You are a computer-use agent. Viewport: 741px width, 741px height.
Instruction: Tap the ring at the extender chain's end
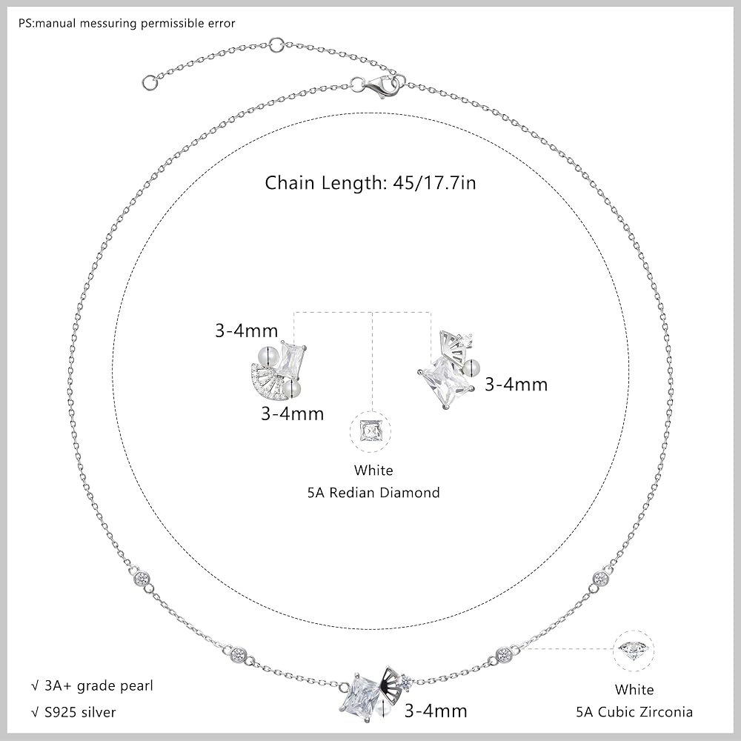pyautogui.click(x=150, y=82)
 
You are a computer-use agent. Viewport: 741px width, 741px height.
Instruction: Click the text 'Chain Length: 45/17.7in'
pyautogui.click(x=370, y=183)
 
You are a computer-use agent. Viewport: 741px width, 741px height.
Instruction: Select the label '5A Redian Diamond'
pyautogui.click(x=373, y=493)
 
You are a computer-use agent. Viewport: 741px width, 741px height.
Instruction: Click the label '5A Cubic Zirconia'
pyautogui.click(x=634, y=711)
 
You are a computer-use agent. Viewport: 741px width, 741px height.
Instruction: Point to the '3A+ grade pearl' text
pyautogui.click(x=92, y=685)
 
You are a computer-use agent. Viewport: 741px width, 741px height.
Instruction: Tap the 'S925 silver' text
pyautogui.click(x=73, y=712)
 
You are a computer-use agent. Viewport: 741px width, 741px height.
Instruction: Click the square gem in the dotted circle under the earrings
pyautogui.click(x=370, y=431)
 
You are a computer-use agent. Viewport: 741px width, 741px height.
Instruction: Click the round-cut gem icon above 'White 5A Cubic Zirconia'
pyautogui.click(x=634, y=651)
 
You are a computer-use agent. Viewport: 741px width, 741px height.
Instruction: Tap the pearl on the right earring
pyautogui.click(x=472, y=366)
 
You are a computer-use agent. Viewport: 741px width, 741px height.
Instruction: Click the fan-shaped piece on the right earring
pyautogui.click(x=451, y=346)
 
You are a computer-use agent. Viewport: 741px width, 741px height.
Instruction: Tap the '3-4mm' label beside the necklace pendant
pyautogui.click(x=435, y=711)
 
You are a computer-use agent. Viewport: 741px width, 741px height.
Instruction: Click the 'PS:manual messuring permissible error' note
pyautogui.click(x=127, y=23)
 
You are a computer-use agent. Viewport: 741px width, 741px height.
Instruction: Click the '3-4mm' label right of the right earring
pyautogui.click(x=516, y=384)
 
